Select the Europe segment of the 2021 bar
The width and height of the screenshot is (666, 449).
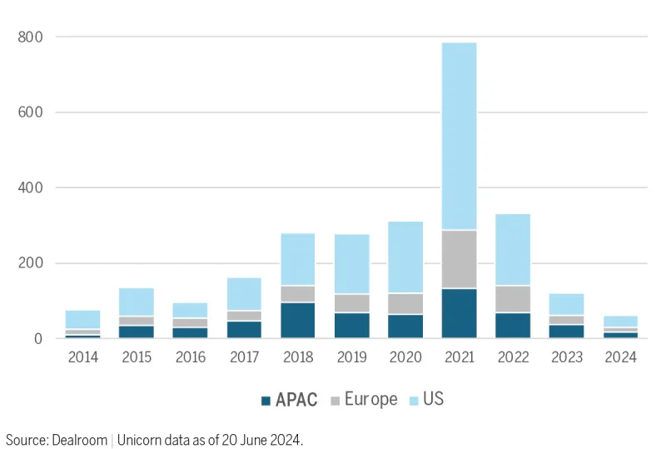click(459, 259)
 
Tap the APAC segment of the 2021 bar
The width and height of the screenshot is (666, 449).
click(459, 313)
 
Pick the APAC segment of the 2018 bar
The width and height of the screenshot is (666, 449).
click(297, 320)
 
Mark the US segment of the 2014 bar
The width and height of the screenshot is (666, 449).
click(82, 319)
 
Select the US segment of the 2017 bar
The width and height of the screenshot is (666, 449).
click(244, 294)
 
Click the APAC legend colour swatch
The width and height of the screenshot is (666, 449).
click(266, 400)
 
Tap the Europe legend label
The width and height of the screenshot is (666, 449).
click(370, 400)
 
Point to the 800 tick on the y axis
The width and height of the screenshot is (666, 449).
click(31, 37)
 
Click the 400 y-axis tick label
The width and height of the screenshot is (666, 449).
click(31, 187)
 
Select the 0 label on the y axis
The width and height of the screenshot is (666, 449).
click(39, 338)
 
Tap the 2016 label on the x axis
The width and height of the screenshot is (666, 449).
click(190, 357)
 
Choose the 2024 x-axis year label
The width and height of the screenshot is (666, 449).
click(620, 357)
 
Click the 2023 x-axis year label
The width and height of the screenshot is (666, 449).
click(566, 357)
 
